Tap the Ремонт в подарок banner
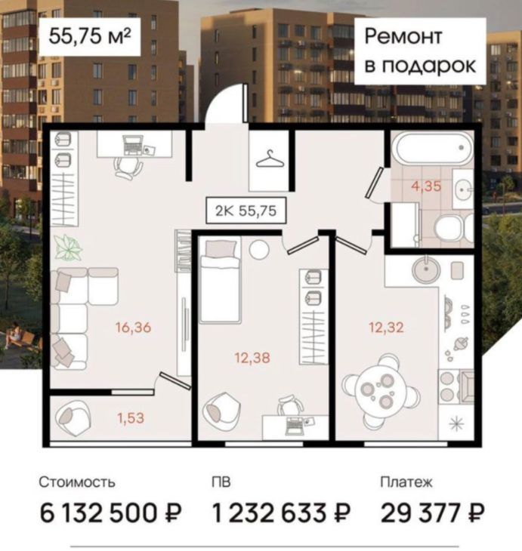pyautogui.click(x=420, y=51)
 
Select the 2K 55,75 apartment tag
pyautogui.click(x=246, y=211)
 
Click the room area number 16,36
pyautogui.click(x=134, y=328)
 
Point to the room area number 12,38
pyautogui.click(x=252, y=358)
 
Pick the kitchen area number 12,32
pyautogui.click(x=386, y=328)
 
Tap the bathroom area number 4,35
pyautogui.click(x=426, y=186)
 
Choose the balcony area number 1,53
pyautogui.click(x=131, y=418)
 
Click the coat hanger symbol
pyautogui.click(x=270, y=159)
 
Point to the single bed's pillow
pyautogui.click(x=221, y=248)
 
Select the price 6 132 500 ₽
pyautogui.click(x=110, y=513)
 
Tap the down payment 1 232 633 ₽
pyautogui.click(x=282, y=513)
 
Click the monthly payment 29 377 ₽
pyautogui.click(x=433, y=513)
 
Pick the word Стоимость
pyautogui.click(x=77, y=482)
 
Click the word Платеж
pyautogui.click(x=406, y=482)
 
